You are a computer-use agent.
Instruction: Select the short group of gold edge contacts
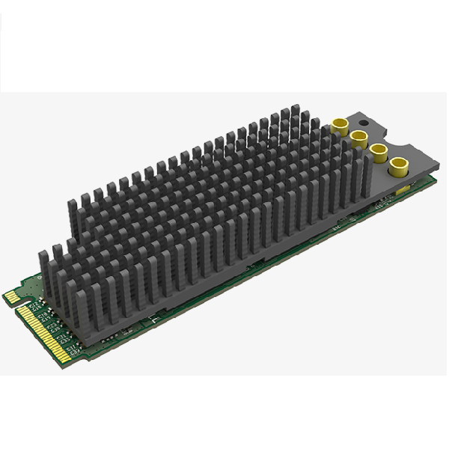[12, 297]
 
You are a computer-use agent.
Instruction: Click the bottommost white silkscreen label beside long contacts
[73, 349]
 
